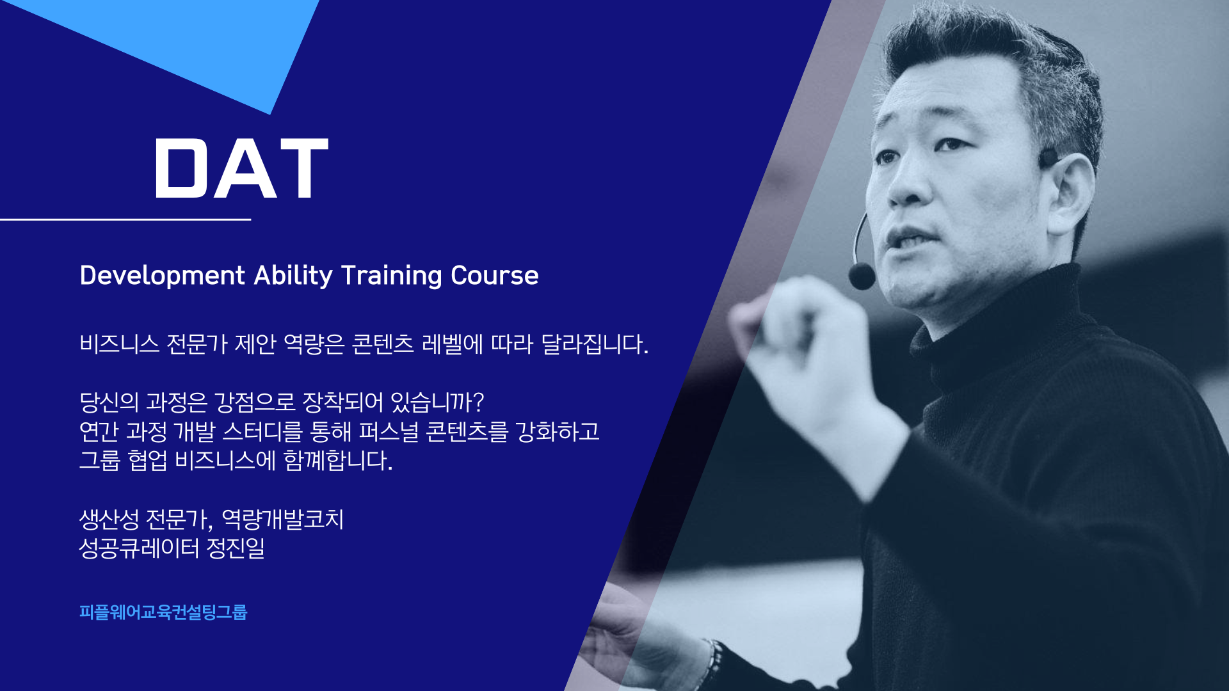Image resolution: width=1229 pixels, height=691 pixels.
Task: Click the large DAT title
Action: click(241, 168)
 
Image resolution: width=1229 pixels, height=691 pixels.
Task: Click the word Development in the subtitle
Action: click(162, 276)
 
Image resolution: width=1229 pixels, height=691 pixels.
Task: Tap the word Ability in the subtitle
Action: click(293, 276)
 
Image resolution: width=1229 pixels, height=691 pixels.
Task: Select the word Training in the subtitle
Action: click(391, 276)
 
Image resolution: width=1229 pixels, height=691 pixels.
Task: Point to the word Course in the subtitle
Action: click(495, 276)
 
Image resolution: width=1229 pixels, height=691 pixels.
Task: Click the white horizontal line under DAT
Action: click(125, 219)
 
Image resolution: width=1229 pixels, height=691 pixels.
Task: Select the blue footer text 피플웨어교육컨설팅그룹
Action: click(163, 612)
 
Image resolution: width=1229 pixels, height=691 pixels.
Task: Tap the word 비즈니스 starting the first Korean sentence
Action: click(119, 344)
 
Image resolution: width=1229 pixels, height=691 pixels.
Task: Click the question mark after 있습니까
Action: click(478, 402)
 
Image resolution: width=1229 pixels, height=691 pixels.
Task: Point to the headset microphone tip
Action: click(862, 276)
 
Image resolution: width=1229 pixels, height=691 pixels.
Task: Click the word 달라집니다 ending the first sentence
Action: click(595, 344)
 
